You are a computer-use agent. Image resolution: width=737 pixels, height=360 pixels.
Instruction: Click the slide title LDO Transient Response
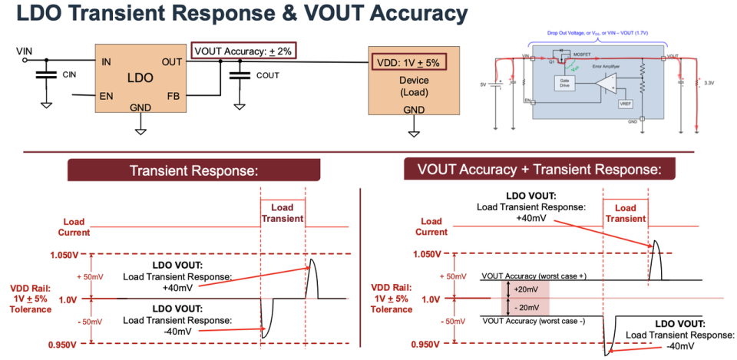[x=237, y=14]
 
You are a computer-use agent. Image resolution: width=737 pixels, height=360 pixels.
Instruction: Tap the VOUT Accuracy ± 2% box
[x=243, y=51]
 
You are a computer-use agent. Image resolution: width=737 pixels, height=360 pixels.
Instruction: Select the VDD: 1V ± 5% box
[x=408, y=63]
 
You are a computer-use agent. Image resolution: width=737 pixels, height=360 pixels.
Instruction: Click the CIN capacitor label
[x=69, y=74]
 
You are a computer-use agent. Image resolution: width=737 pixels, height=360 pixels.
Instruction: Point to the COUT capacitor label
[x=268, y=75]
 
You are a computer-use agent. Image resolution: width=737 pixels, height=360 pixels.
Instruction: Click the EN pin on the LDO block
[x=107, y=95]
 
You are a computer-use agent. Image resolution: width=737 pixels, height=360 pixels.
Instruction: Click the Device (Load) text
[x=414, y=86]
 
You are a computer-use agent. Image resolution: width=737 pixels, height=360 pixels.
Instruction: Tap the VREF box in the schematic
[x=625, y=104]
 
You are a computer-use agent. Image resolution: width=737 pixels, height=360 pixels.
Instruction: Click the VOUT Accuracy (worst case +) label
[x=534, y=274]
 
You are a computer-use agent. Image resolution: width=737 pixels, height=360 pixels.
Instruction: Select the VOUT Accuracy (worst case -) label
[x=534, y=321]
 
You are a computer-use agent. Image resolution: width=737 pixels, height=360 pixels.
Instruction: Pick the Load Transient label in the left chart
[x=283, y=213]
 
